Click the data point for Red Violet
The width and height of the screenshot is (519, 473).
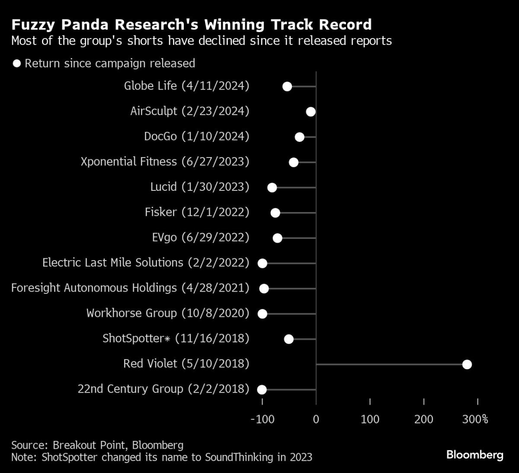(x=467, y=364)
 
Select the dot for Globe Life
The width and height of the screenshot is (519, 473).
(x=287, y=87)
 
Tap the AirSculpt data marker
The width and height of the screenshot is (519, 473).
(x=311, y=112)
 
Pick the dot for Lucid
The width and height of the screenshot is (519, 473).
(x=272, y=187)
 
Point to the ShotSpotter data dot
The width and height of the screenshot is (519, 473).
(x=289, y=339)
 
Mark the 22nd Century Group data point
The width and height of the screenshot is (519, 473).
(x=262, y=389)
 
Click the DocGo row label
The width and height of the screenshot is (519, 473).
(x=196, y=136)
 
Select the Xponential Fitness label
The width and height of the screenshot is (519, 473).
(x=165, y=162)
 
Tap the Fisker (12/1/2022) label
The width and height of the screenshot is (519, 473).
(x=197, y=212)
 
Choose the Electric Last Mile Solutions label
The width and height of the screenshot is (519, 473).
(x=146, y=263)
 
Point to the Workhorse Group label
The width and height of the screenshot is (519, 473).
(x=168, y=313)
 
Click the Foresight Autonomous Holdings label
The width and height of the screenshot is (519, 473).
(x=130, y=288)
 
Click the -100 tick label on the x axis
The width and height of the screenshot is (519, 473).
(x=263, y=419)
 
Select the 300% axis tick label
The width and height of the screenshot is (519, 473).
(x=475, y=419)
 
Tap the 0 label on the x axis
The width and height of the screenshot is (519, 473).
(x=316, y=419)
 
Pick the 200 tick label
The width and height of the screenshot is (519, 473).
(x=423, y=419)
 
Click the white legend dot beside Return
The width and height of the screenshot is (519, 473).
(x=17, y=64)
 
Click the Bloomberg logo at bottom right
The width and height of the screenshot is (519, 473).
(x=474, y=455)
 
